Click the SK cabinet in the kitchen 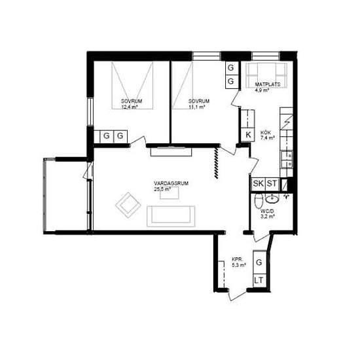(259, 184)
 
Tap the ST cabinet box (272, 184)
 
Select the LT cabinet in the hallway (259, 280)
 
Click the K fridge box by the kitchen (248, 135)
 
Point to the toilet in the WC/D (259, 201)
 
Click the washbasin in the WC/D (272, 198)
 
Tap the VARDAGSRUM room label (171, 183)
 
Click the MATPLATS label (268, 84)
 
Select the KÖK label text (266, 133)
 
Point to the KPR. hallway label (237, 259)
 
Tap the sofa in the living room (171, 216)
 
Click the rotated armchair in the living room (128, 205)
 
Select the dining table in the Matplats (266, 75)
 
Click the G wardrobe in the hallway (259, 262)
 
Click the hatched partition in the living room (216, 163)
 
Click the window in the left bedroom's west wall (90, 111)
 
